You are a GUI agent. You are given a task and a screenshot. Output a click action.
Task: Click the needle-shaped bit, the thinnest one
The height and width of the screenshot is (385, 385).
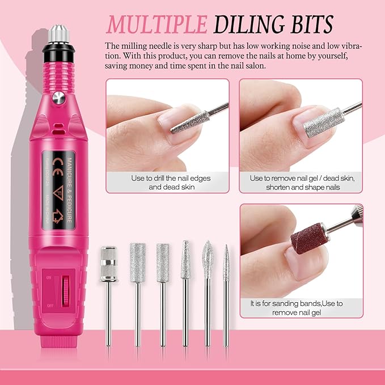(226, 262)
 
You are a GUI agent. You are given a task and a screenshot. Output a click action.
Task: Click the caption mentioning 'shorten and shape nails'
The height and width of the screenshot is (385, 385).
(301, 187)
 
